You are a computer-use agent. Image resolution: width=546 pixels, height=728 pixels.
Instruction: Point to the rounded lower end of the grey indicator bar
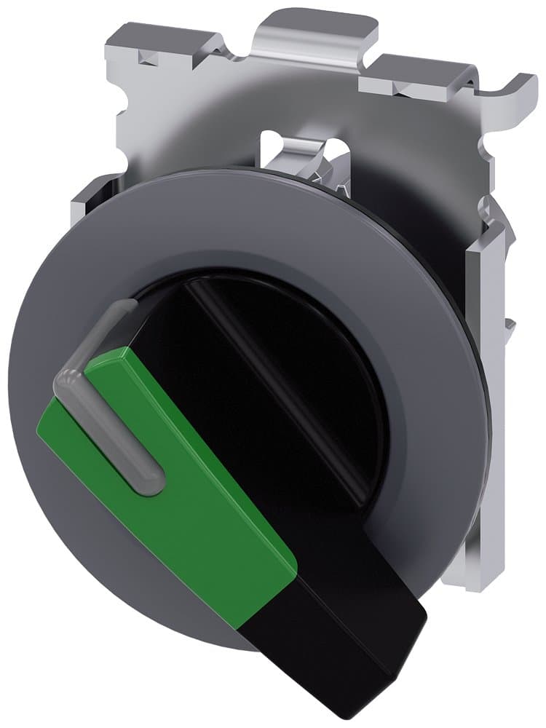[152, 484]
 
